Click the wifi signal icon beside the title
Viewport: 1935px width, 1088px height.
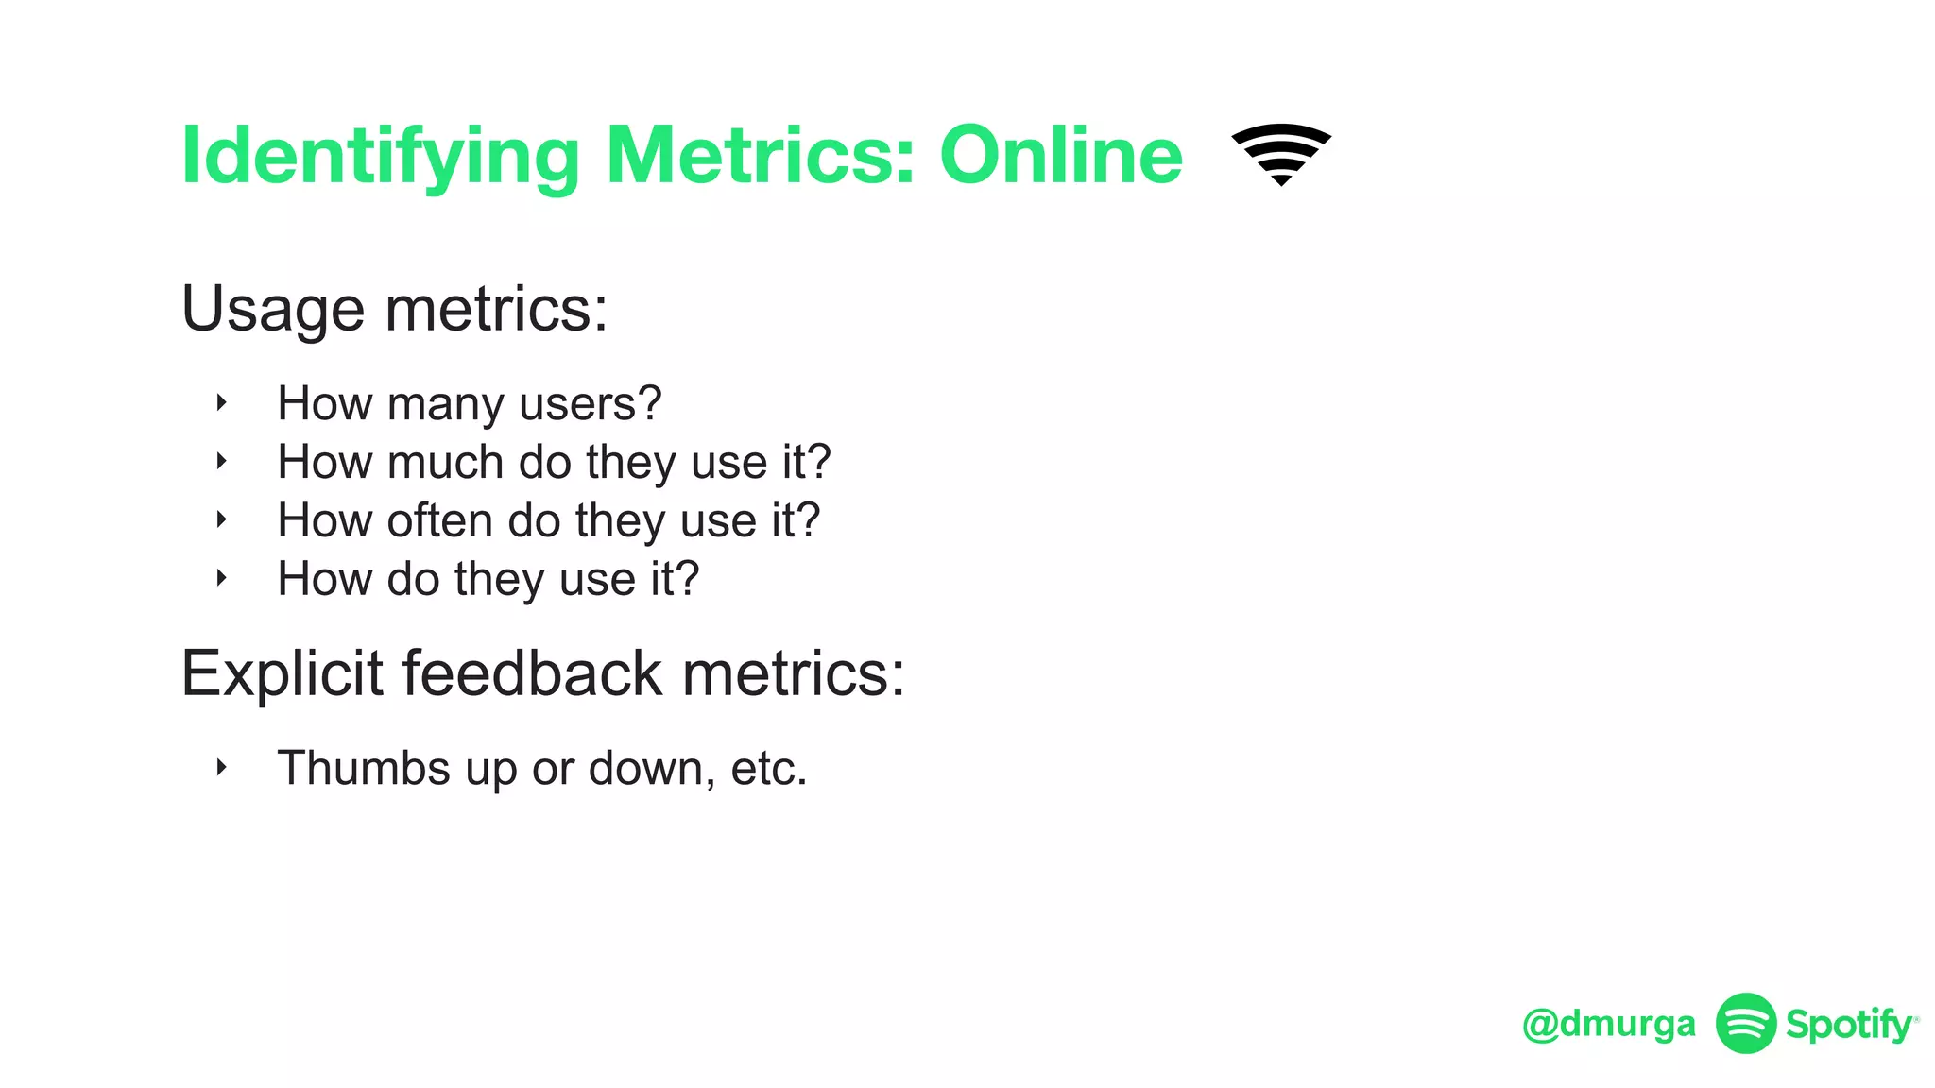(x=1280, y=154)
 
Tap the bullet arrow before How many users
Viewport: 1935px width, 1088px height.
(x=221, y=403)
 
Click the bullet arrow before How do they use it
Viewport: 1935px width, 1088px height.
(x=221, y=578)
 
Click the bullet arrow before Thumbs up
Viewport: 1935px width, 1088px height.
(x=221, y=767)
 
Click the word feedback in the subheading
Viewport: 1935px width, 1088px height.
(x=533, y=674)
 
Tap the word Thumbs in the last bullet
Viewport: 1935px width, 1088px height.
(x=363, y=768)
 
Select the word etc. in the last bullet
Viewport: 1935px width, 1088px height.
(x=768, y=768)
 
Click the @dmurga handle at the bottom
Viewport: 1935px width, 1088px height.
(x=1608, y=1024)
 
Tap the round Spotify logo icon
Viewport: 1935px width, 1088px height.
(x=1745, y=1023)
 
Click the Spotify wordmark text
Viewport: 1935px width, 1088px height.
(x=1848, y=1025)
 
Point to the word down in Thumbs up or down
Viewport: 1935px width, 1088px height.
(x=651, y=768)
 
